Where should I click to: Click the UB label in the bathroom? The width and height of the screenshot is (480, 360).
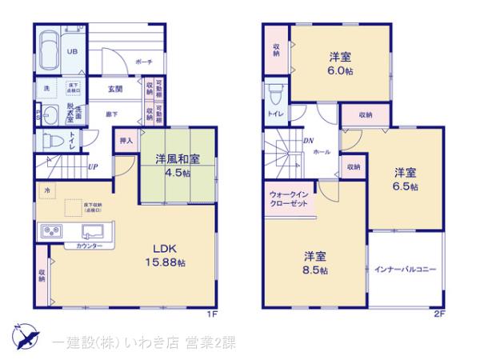click(71, 52)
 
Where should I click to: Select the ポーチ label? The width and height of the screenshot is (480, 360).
click(144, 61)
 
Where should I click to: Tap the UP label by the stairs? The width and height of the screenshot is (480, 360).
click(94, 167)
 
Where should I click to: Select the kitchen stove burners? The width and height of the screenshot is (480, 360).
click(50, 233)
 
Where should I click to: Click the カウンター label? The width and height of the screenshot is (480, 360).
click(89, 245)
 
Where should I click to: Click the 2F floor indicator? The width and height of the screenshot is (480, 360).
click(438, 314)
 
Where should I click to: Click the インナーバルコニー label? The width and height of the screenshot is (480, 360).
click(405, 269)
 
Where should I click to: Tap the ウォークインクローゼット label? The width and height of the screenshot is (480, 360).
click(290, 199)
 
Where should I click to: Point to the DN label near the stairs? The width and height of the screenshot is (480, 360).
click(309, 141)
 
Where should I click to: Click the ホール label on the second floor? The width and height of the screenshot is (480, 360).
click(322, 151)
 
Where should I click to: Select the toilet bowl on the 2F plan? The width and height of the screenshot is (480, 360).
click(277, 94)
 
